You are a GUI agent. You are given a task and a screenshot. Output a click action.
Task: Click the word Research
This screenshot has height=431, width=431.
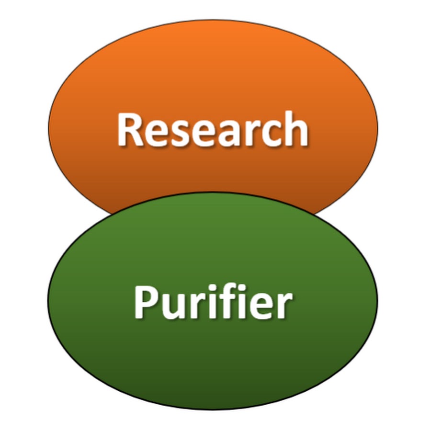click(x=213, y=129)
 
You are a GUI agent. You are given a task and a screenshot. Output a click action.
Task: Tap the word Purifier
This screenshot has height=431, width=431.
click(x=213, y=301)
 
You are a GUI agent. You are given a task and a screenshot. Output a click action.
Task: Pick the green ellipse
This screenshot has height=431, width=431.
click(x=213, y=301)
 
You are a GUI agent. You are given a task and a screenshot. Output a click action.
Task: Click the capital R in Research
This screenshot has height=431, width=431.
click(x=130, y=129)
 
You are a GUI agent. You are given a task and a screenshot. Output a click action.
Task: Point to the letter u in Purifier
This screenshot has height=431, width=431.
click(x=175, y=306)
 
